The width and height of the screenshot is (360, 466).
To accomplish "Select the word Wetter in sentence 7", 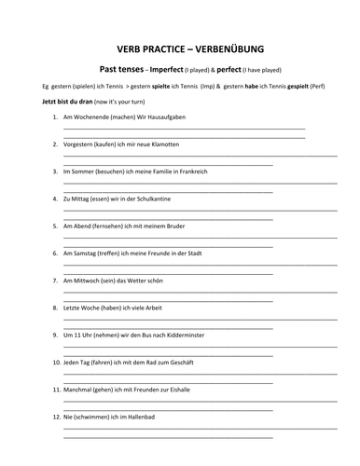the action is [x=149, y=280].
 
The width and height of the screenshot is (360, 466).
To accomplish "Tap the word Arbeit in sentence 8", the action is [x=158, y=307].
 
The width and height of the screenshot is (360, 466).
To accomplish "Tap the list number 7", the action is [x=56, y=280].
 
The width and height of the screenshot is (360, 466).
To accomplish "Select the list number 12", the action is [x=55, y=415].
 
